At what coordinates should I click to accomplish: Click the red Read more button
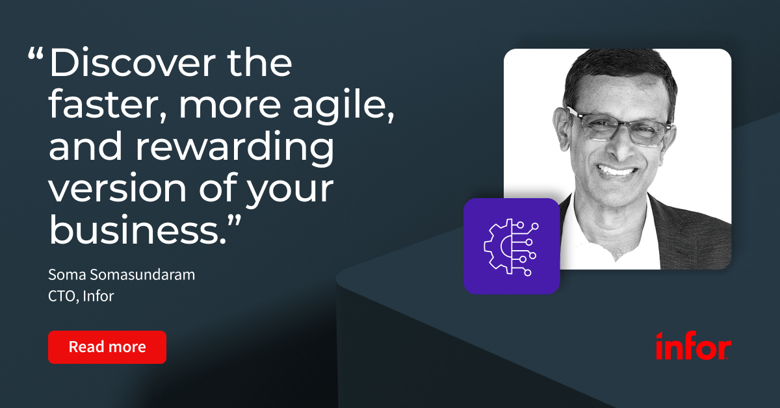(107, 347)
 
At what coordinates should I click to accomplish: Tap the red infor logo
(694, 346)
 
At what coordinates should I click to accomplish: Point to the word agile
(343, 105)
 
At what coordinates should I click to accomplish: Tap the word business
(138, 229)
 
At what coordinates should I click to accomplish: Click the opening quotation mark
(36, 54)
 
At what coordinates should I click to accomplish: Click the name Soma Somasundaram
(122, 275)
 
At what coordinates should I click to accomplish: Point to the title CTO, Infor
(81, 296)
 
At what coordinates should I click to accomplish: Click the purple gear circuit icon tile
(512, 246)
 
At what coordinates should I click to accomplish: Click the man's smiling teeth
(617, 171)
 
